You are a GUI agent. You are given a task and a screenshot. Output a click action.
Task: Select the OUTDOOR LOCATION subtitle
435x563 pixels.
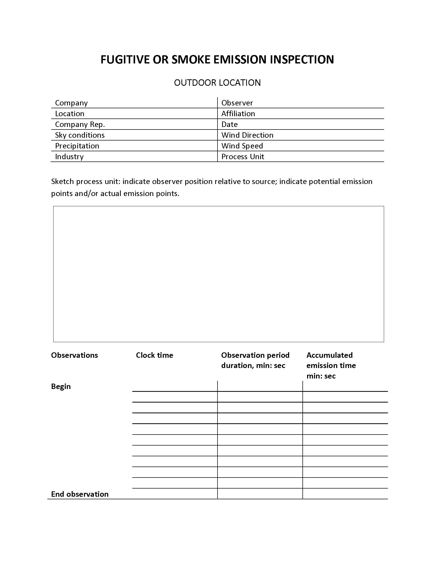(217, 83)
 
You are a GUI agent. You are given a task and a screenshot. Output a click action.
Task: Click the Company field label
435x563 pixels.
(71, 103)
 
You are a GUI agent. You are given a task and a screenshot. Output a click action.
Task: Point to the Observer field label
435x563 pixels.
(237, 103)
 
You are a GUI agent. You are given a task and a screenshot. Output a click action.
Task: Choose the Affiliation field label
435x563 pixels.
(238, 114)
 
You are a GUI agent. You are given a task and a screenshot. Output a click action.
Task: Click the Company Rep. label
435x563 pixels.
(80, 125)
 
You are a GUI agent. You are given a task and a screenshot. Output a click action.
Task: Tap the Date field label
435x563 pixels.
(229, 125)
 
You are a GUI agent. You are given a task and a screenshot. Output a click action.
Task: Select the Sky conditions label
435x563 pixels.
(80, 135)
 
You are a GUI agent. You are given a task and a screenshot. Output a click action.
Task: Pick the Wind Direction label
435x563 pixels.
(247, 135)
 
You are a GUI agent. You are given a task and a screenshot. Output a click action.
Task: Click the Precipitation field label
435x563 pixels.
(77, 146)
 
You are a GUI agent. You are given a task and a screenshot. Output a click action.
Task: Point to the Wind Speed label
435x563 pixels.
(242, 146)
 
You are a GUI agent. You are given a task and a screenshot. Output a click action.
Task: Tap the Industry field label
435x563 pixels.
(69, 157)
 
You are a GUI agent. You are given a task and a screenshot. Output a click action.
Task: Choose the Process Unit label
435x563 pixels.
(243, 157)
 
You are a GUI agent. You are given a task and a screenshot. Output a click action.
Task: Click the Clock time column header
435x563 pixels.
(154, 355)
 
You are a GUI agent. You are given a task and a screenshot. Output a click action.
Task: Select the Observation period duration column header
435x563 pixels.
(255, 360)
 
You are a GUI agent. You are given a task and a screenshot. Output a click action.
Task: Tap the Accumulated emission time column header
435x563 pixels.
(331, 365)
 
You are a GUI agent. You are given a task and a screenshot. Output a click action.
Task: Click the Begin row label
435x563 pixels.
(61, 386)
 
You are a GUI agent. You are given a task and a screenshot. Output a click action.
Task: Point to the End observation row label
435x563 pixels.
(80, 494)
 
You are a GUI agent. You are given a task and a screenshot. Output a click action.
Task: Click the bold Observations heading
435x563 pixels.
(74, 355)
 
